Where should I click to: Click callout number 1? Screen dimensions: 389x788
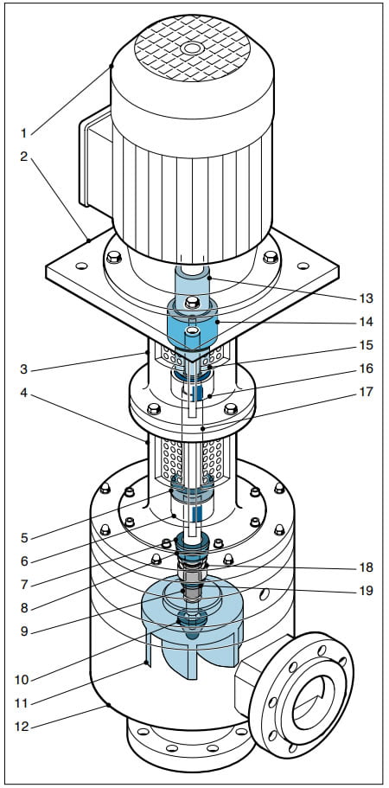click(23, 133)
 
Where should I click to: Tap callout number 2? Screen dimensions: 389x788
click(23, 157)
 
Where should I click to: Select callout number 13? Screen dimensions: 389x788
click(367, 298)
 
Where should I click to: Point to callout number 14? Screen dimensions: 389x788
click(367, 322)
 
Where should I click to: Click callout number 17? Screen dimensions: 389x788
click(367, 391)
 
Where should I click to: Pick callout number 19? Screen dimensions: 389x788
click(367, 591)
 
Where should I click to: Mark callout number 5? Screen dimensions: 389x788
click(24, 538)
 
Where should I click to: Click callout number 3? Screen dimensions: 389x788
click(23, 371)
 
